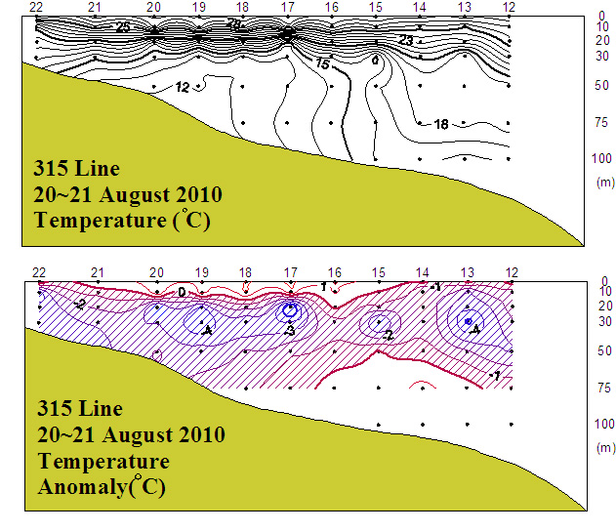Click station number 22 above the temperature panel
[x=37, y=8]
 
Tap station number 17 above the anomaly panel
[x=290, y=272]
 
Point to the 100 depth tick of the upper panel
[x=602, y=158]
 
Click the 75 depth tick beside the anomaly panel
[x=602, y=387]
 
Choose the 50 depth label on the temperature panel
[x=602, y=86]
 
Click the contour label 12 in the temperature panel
[x=183, y=88]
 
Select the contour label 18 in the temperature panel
[x=440, y=124]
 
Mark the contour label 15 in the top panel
[x=323, y=63]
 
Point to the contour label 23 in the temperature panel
[x=406, y=40]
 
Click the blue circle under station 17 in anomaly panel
[x=290, y=310]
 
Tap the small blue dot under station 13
[x=469, y=321]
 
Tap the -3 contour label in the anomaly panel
[x=290, y=333]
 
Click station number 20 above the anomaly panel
[x=156, y=272]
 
